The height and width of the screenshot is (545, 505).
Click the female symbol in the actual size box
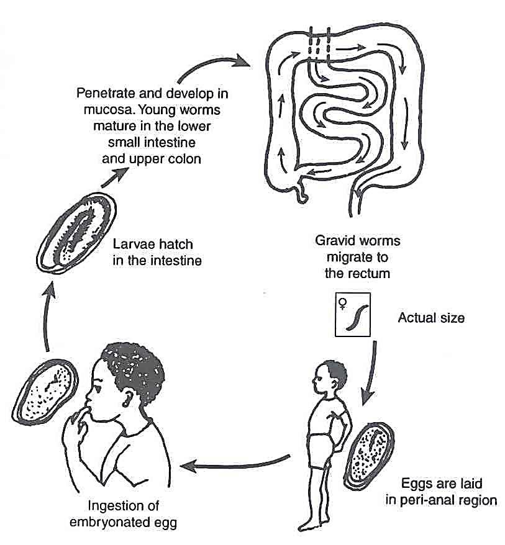pos(342,304)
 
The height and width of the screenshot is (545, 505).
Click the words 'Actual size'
pos(431,318)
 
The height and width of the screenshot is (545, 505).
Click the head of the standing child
pos(332,378)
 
